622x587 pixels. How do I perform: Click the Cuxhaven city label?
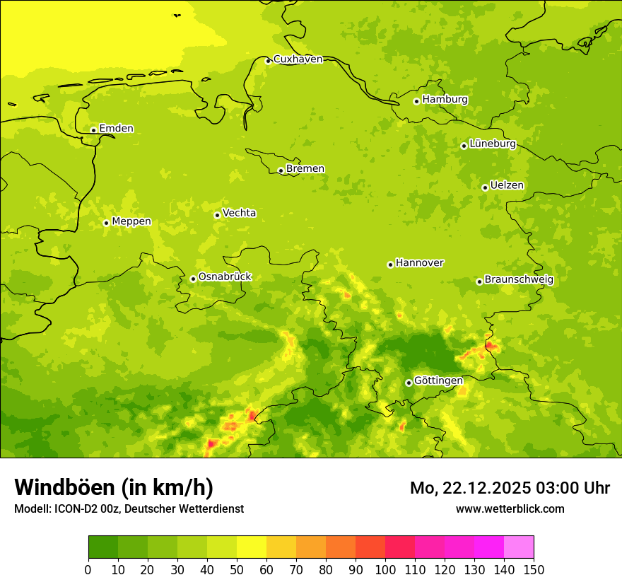[x=298, y=59]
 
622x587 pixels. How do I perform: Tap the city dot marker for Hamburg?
[x=417, y=101]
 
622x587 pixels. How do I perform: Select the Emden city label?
[x=116, y=129]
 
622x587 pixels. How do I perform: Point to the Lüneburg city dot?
[x=464, y=146]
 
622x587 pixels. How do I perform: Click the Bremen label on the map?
[x=305, y=169]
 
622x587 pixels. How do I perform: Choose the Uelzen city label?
[x=507, y=186]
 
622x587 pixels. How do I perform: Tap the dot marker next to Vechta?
[x=217, y=215]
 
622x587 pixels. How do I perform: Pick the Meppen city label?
[x=131, y=221]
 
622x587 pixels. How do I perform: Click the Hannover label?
[x=419, y=263]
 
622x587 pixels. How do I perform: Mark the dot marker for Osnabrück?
[x=193, y=279]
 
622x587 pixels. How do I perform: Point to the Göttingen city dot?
[x=409, y=383]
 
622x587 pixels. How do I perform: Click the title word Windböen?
[x=65, y=487]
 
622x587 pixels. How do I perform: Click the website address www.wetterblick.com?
[x=510, y=509]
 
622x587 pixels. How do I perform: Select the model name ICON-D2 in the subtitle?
[x=79, y=509]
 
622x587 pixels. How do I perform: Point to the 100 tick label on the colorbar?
[x=385, y=569]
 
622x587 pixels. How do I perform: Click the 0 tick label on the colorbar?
[x=88, y=569]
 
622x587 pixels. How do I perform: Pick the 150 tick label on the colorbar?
[x=534, y=569]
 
